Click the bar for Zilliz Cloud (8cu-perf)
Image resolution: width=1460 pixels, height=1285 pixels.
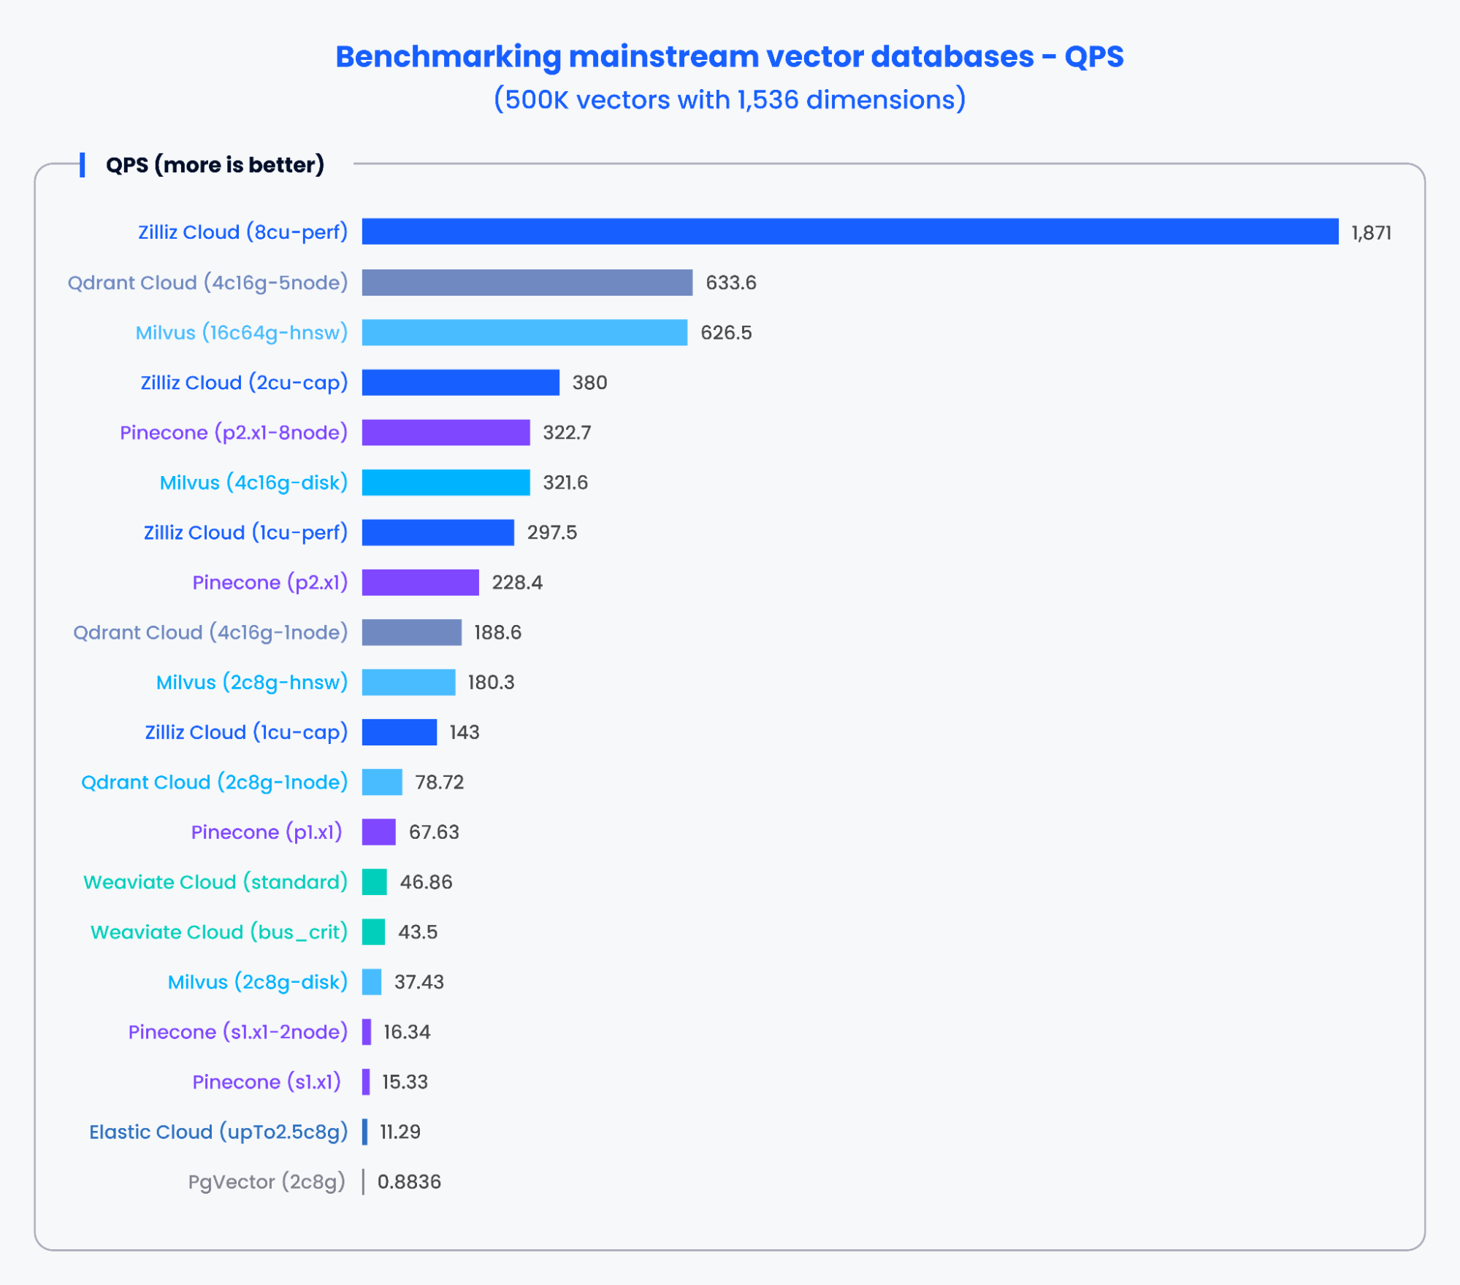tap(849, 231)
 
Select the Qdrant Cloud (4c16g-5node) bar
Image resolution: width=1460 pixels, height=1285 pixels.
tap(527, 283)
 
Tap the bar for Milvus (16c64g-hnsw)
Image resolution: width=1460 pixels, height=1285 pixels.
tap(524, 332)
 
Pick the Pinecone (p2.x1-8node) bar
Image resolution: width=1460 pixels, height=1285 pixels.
tap(446, 432)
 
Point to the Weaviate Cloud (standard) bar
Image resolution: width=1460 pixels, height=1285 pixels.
tap(374, 882)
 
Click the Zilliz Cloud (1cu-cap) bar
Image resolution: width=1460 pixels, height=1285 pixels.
tap(399, 732)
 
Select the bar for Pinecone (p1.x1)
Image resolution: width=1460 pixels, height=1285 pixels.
tap(378, 832)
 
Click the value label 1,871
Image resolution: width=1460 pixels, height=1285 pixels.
tap(1371, 233)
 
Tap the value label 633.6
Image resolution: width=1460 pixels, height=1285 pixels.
tap(730, 283)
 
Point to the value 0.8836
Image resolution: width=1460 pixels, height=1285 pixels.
tap(409, 1182)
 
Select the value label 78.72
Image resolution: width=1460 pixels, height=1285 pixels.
tap(439, 783)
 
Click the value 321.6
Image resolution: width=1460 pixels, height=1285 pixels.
tap(565, 483)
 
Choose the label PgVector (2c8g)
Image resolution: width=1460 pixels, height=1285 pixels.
tap(267, 1182)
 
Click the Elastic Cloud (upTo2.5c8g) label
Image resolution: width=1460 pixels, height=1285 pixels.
tap(218, 1132)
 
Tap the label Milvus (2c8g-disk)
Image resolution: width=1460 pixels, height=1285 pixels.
tap(257, 982)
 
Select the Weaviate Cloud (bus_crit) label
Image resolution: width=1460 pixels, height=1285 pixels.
tap(218, 932)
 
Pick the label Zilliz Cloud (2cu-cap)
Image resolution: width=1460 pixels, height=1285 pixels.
tap(244, 383)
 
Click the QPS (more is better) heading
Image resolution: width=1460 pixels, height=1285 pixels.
tap(215, 165)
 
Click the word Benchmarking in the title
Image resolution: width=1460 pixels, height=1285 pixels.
tap(448, 57)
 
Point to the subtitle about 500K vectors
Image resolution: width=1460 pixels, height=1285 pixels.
tap(730, 99)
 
